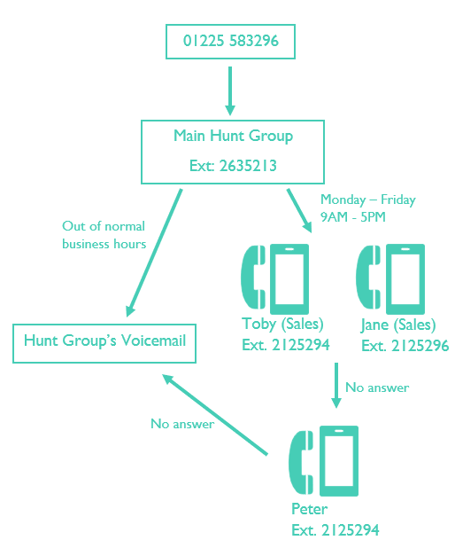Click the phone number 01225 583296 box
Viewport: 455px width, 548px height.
[x=230, y=41]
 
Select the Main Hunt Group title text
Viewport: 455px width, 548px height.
[x=233, y=137]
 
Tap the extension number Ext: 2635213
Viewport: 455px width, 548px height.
[x=233, y=166]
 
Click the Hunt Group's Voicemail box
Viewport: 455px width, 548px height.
[x=105, y=341]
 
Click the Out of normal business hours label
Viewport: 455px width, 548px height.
[x=104, y=235]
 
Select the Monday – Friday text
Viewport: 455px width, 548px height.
[x=367, y=200]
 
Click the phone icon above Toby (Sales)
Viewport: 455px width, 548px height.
[x=276, y=275]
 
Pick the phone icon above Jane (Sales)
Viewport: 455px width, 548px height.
[x=389, y=275]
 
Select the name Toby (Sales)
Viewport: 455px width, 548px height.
[x=282, y=324]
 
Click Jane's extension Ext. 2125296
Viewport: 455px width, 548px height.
[x=405, y=345]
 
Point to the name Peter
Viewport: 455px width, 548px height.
[x=309, y=509]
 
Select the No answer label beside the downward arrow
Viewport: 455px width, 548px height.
[x=377, y=388]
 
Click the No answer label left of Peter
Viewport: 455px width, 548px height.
[x=182, y=424]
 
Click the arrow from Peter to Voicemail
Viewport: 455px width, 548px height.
[x=215, y=414]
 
